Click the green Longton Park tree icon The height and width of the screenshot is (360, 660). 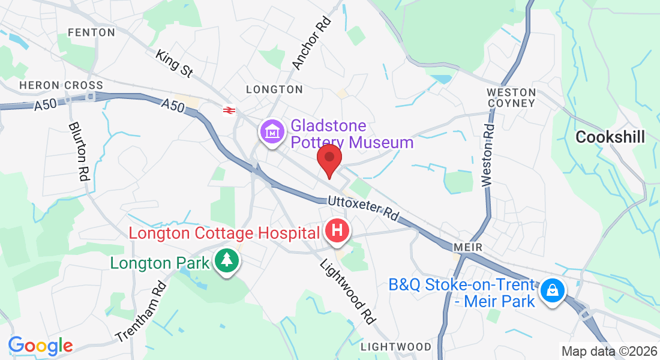pyautogui.click(x=227, y=261)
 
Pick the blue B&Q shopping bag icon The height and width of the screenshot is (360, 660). pyautogui.click(x=551, y=292)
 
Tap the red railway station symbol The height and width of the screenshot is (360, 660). pyautogui.click(x=228, y=110)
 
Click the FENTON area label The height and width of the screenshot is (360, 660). pyautogui.click(x=91, y=32)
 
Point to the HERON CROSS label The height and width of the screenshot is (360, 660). pyautogui.click(x=61, y=85)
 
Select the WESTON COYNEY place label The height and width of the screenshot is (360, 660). pyautogui.click(x=511, y=98)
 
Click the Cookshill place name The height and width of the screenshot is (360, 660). pyautogui.click(x=610, y=137)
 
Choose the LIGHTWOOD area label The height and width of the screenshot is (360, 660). pyautogui.click(x=396, y=347)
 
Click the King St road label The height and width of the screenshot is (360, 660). pyautogui.click(x=174, y=64)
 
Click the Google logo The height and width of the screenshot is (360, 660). pyautogui.click(x=40, y=345)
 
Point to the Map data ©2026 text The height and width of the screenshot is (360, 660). pyautogui.click(x=609, y=351)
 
